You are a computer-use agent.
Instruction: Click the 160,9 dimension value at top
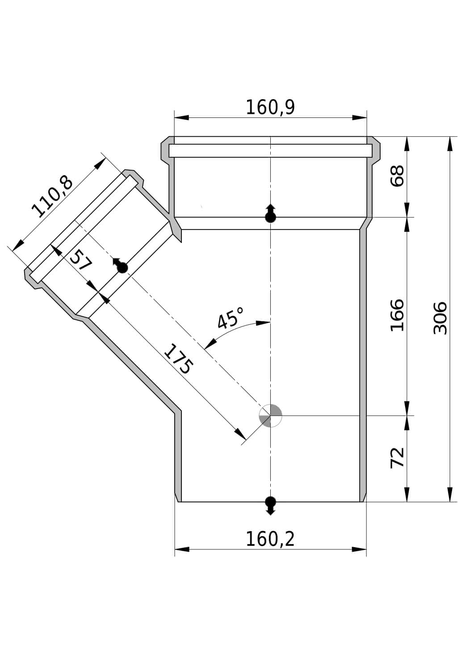[x=270, y=107]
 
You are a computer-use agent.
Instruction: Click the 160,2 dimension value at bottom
[x=270, y=539]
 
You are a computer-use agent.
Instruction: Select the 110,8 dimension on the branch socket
[x=52, y=197]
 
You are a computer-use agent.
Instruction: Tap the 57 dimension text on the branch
[x=81, y=261]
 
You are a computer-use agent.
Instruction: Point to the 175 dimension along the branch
[x=179, y=359]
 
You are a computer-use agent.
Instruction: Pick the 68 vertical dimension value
[x=398, y=176]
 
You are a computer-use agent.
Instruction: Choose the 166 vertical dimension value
[x=398, y=315]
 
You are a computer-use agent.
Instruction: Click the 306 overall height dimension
[x=440, y=318]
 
